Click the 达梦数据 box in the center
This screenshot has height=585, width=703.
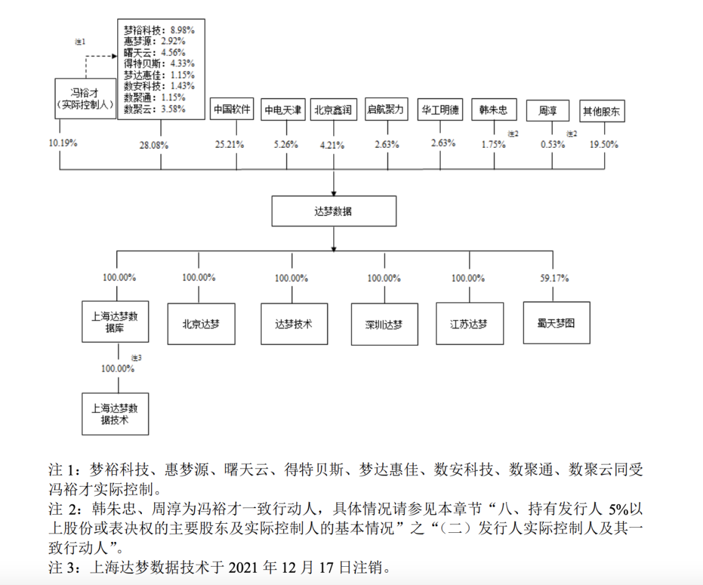pos(334,212)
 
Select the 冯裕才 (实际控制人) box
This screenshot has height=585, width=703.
pos(85,98)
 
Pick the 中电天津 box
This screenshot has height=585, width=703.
pos(283,110)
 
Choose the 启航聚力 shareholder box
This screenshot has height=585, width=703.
pos(386,109)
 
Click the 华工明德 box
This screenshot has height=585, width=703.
pos(439,109)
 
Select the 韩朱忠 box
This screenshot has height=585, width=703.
pos(493,109)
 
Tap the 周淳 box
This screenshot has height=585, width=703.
pos(547,110)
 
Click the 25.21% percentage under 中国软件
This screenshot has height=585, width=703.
pos(230,144)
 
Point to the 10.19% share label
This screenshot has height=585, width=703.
pos(63,143)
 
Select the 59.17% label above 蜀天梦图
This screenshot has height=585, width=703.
pos(555,278)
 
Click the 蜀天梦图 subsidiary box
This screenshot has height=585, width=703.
pos(556,322)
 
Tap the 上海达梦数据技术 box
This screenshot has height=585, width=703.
pos(115,414)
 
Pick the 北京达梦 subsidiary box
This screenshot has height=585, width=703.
pos(200,323)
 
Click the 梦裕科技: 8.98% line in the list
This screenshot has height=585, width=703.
pos(159,30)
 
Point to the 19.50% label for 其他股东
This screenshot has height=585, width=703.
pos(603,144)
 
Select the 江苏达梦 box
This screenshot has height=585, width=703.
pos(469,324)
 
